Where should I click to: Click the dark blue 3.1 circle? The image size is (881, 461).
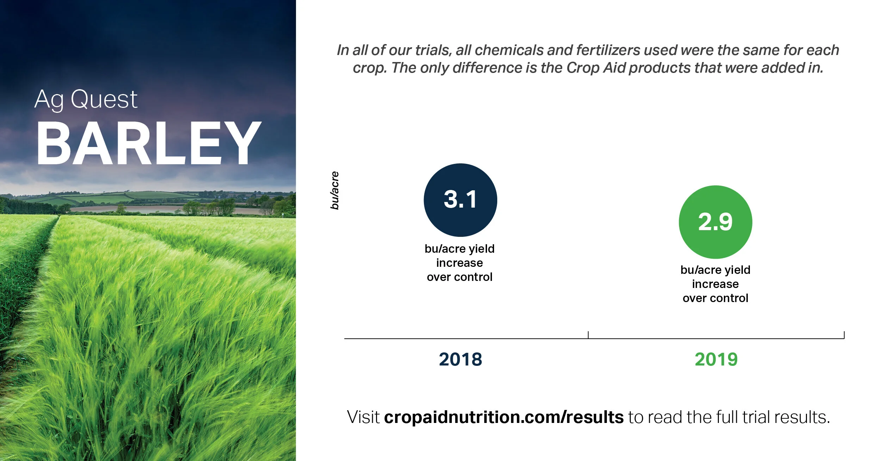tap(460, 200)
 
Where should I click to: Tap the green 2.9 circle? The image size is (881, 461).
tap(715, 222)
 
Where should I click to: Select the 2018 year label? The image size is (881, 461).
tap(460, 359)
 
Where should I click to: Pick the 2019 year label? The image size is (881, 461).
tap(716, 359)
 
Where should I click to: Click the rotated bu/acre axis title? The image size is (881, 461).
tap(334, 190)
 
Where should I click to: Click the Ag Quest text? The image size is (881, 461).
tap(86, 99)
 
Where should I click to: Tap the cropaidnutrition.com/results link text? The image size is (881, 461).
tap(504, 417)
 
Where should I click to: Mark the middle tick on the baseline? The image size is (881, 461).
tap(588, 335)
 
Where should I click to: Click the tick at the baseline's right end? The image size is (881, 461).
tap(844, 335)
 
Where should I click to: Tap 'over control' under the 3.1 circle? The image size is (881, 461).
tap(460, 277)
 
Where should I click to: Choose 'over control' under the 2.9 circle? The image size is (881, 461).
tap(715, 298)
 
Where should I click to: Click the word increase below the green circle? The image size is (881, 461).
tap(715, 284)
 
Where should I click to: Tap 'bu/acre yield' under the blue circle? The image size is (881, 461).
tap(460, 249)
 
